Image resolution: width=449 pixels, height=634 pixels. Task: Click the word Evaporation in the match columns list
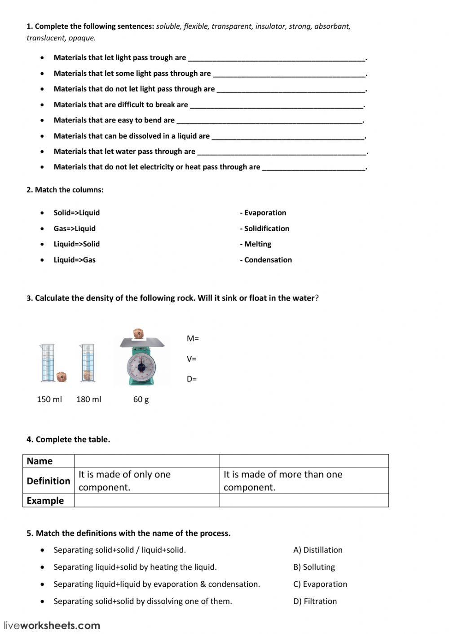(265, 213)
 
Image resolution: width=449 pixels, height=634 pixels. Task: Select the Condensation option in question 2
(268, 260)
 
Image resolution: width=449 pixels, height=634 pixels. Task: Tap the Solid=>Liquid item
(76, 213)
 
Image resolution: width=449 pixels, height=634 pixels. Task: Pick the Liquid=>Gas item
(75, 260)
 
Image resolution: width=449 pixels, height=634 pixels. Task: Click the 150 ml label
(49, 399)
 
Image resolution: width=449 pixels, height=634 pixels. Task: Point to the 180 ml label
(88, 399)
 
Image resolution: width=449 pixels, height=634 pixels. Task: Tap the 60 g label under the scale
(141, 399)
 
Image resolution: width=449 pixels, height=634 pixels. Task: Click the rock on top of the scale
(139, 333)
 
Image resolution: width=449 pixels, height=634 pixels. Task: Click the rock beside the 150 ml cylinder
(62, 376)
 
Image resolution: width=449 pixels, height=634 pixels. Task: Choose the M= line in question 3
(193, 339)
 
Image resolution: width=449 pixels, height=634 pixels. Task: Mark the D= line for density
(192, 379)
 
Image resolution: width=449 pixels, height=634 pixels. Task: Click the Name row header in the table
(40, 461)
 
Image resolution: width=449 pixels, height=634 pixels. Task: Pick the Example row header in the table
(45, 501)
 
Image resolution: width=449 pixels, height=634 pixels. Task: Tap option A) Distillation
(318, 550)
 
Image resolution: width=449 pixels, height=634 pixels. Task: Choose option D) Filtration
(315, 601)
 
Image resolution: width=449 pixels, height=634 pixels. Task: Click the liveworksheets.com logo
(52, 625)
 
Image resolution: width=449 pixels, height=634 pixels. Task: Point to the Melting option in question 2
(257, 244)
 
